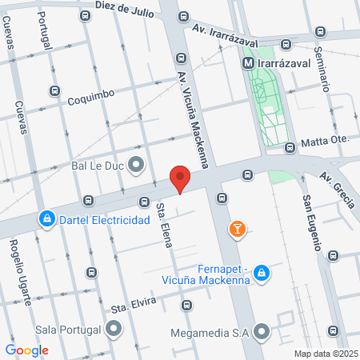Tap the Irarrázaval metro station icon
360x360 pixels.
tap(249, 62)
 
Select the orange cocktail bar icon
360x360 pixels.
tap(237, 230)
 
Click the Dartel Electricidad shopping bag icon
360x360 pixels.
tap(47, 218)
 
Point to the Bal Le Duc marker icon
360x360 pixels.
tap(135, 166)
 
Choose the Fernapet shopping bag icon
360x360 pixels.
tap(260, 275)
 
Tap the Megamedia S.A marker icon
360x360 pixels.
tap(261, 331)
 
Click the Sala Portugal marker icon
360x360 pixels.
tap(114, 329)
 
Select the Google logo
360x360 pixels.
tap(26, 350)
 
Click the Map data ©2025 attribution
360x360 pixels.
tap(326, 354)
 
